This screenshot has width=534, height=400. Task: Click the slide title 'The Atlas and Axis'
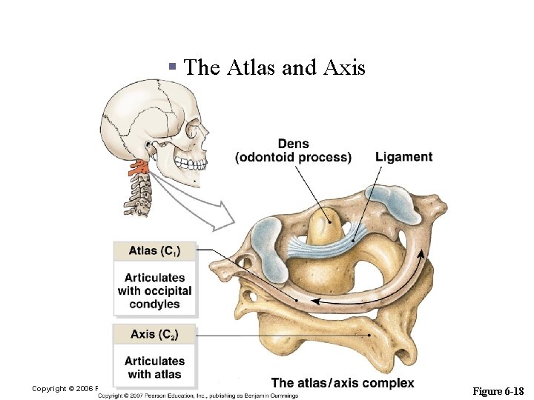[x=274, y=68]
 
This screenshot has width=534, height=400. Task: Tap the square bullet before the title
[x=172, y=67]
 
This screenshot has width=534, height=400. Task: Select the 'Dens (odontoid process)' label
[x=293, y=150]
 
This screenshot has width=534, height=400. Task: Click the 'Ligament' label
[x=403, y=157]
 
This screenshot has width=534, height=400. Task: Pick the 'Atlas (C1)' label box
[x=154, y=250]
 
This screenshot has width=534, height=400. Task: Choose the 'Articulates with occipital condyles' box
[x=154, y=290]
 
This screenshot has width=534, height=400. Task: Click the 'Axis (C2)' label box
[x=154, y=334]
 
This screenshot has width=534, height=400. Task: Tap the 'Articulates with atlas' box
[x=154, y=367]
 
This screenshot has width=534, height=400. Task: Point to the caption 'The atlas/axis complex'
[x=343, y=382]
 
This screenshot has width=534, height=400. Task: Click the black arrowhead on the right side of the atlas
[x=422, y=256]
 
